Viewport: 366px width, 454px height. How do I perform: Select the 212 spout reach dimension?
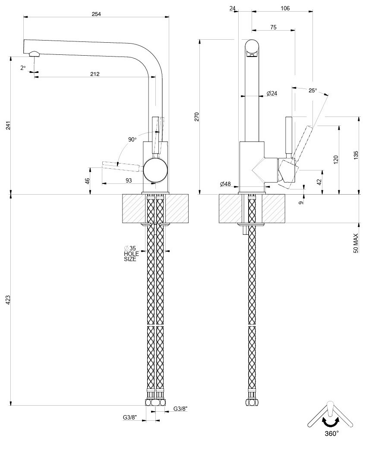95,74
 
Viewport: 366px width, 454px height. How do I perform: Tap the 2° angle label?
23,68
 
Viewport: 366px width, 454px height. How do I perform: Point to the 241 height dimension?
8,126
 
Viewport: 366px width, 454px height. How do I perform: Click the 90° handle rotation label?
132,139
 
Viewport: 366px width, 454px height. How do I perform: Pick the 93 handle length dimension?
129,180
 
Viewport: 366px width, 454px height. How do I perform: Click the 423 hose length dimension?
8,300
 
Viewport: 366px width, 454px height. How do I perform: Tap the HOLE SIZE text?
130,256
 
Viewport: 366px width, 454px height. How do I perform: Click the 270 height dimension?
196,117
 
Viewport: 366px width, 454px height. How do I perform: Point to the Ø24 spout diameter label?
272,93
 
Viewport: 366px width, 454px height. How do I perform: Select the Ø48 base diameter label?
225,184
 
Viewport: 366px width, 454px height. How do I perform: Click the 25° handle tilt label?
313,91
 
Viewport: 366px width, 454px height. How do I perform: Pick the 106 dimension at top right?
285,8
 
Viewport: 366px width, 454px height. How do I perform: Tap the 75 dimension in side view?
273,27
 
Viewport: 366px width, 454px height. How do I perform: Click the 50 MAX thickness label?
356,243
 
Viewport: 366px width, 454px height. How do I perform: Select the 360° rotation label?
331,433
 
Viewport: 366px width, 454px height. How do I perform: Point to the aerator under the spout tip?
34,54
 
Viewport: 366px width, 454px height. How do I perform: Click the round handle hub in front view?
155,170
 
